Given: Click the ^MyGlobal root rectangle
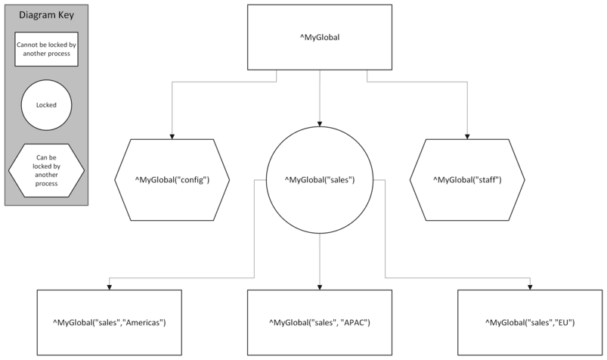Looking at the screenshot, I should click(320, 38).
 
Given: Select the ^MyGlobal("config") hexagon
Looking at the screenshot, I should click(172, 180).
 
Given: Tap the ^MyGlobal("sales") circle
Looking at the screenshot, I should click(320, 180).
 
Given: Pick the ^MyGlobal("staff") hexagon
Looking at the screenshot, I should click(467, 180).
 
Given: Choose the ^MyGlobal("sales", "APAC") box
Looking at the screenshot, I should click(320, 323).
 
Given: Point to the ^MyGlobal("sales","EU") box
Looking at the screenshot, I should click(530, 323).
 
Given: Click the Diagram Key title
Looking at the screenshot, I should click(47, 16).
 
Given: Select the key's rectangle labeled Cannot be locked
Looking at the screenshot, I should click(47, 49).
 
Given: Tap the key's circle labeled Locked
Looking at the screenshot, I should click(47, 105).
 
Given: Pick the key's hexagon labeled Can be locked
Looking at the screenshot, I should click(47, 168).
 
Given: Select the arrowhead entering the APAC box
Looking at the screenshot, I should click(320, 287).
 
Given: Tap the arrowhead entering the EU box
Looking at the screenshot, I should click(530, 287).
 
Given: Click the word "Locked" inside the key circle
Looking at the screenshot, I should click(47, 105).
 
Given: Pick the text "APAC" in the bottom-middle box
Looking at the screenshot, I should click(352, 323).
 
